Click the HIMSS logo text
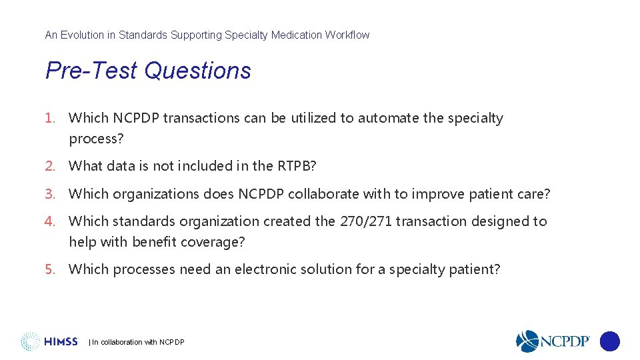click(61, 342)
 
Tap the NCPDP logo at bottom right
click(553, 341)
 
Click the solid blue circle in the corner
click(610, 342)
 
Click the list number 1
click(49, 118)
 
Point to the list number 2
click(49, 165)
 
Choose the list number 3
click(49, 194)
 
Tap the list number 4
click(49, 221)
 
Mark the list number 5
click(49, 269)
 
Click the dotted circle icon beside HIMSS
click(30, 342)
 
